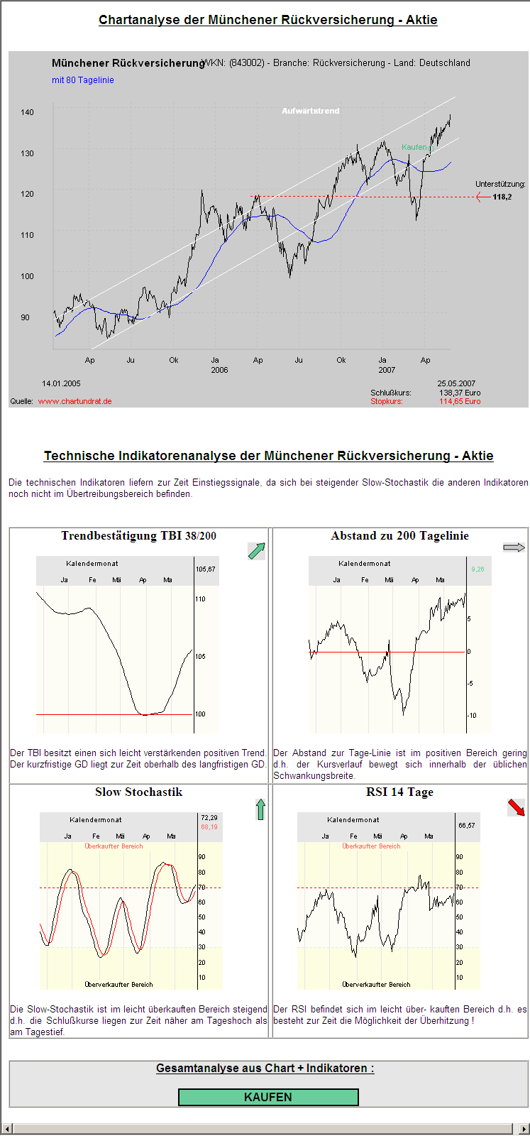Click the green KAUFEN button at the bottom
(268, 1097)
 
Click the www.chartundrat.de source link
(74, 401)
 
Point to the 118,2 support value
(502, 197)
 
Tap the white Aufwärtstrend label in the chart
(310, 111)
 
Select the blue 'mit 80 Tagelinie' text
(82, 80)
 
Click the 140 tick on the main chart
(27, 112)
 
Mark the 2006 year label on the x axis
(219, 370)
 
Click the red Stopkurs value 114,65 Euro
(459, 401)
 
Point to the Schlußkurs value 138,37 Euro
(459, 393)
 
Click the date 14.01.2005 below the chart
(62, 383)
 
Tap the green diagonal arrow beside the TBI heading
(256, 551)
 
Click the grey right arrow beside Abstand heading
(514, 547)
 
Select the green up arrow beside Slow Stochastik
(260, 809)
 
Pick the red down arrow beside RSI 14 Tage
(516, 807)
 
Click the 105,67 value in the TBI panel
(206, 569)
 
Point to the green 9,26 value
(477, 569)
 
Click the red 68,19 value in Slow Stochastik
(209, 827)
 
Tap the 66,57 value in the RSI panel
(466, 826)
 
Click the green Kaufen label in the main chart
(414, 147)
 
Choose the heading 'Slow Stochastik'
(139, 792)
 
